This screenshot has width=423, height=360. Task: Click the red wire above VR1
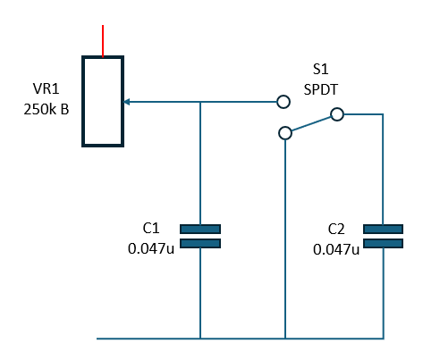[x=103, y=41]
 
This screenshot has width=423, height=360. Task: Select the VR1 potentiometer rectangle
[x=82, y=101]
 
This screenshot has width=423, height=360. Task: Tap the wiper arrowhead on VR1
[x=126, y=102]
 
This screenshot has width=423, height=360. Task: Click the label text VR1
[x=46, y=88]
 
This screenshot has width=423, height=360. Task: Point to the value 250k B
[x=47, y=110]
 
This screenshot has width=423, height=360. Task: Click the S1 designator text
[x=320, y=69]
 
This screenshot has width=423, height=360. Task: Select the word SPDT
[x=321, y=89]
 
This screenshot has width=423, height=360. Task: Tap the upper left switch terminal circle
[x=283, y=102]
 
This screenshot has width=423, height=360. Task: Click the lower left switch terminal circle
[x=285, y=133]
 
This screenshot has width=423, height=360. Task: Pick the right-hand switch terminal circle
[x=337, y=114]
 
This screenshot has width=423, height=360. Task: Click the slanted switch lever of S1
[x=311, y=124]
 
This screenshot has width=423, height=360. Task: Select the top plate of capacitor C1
[x=200, y=229]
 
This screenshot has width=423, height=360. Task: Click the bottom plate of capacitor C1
[x=200, y=243]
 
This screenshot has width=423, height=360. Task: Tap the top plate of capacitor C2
[x=383, y=229]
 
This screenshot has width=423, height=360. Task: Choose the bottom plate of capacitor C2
[x=383, y=243]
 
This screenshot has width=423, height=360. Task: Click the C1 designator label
[x=151, y=229]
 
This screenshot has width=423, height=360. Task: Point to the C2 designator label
[x=336, y=229]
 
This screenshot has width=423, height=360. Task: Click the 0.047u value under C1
[x=151, y=248]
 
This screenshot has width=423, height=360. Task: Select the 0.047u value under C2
[x=336, y=249]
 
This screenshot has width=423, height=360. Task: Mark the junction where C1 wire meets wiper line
[x=200, y=102]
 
